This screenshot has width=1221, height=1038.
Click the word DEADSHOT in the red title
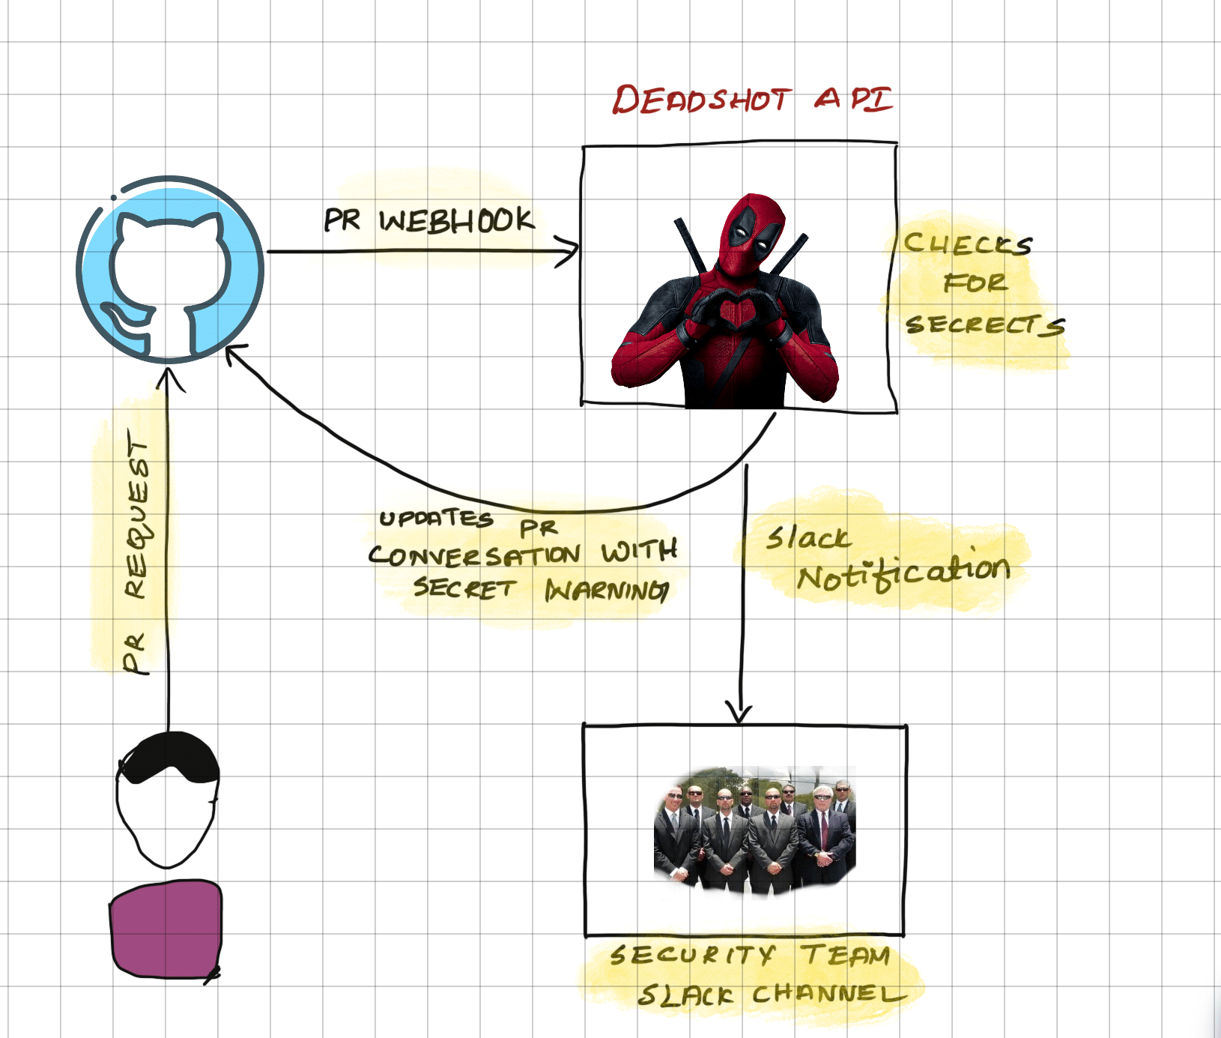pos(701,100)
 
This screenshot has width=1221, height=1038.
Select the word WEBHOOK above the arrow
pos(456,220)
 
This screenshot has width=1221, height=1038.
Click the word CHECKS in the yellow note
pos(967,244)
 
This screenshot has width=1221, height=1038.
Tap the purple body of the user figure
pos(166,929)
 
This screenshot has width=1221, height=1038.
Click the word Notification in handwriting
pos(903,574)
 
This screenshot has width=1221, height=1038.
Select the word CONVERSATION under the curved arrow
pos(474,555)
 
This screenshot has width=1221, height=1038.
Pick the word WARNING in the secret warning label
pos(606,591)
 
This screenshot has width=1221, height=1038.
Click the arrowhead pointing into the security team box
pos(739,713)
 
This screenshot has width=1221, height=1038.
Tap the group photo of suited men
pos(754,830)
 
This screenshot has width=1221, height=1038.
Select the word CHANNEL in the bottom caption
pos(828,995)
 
